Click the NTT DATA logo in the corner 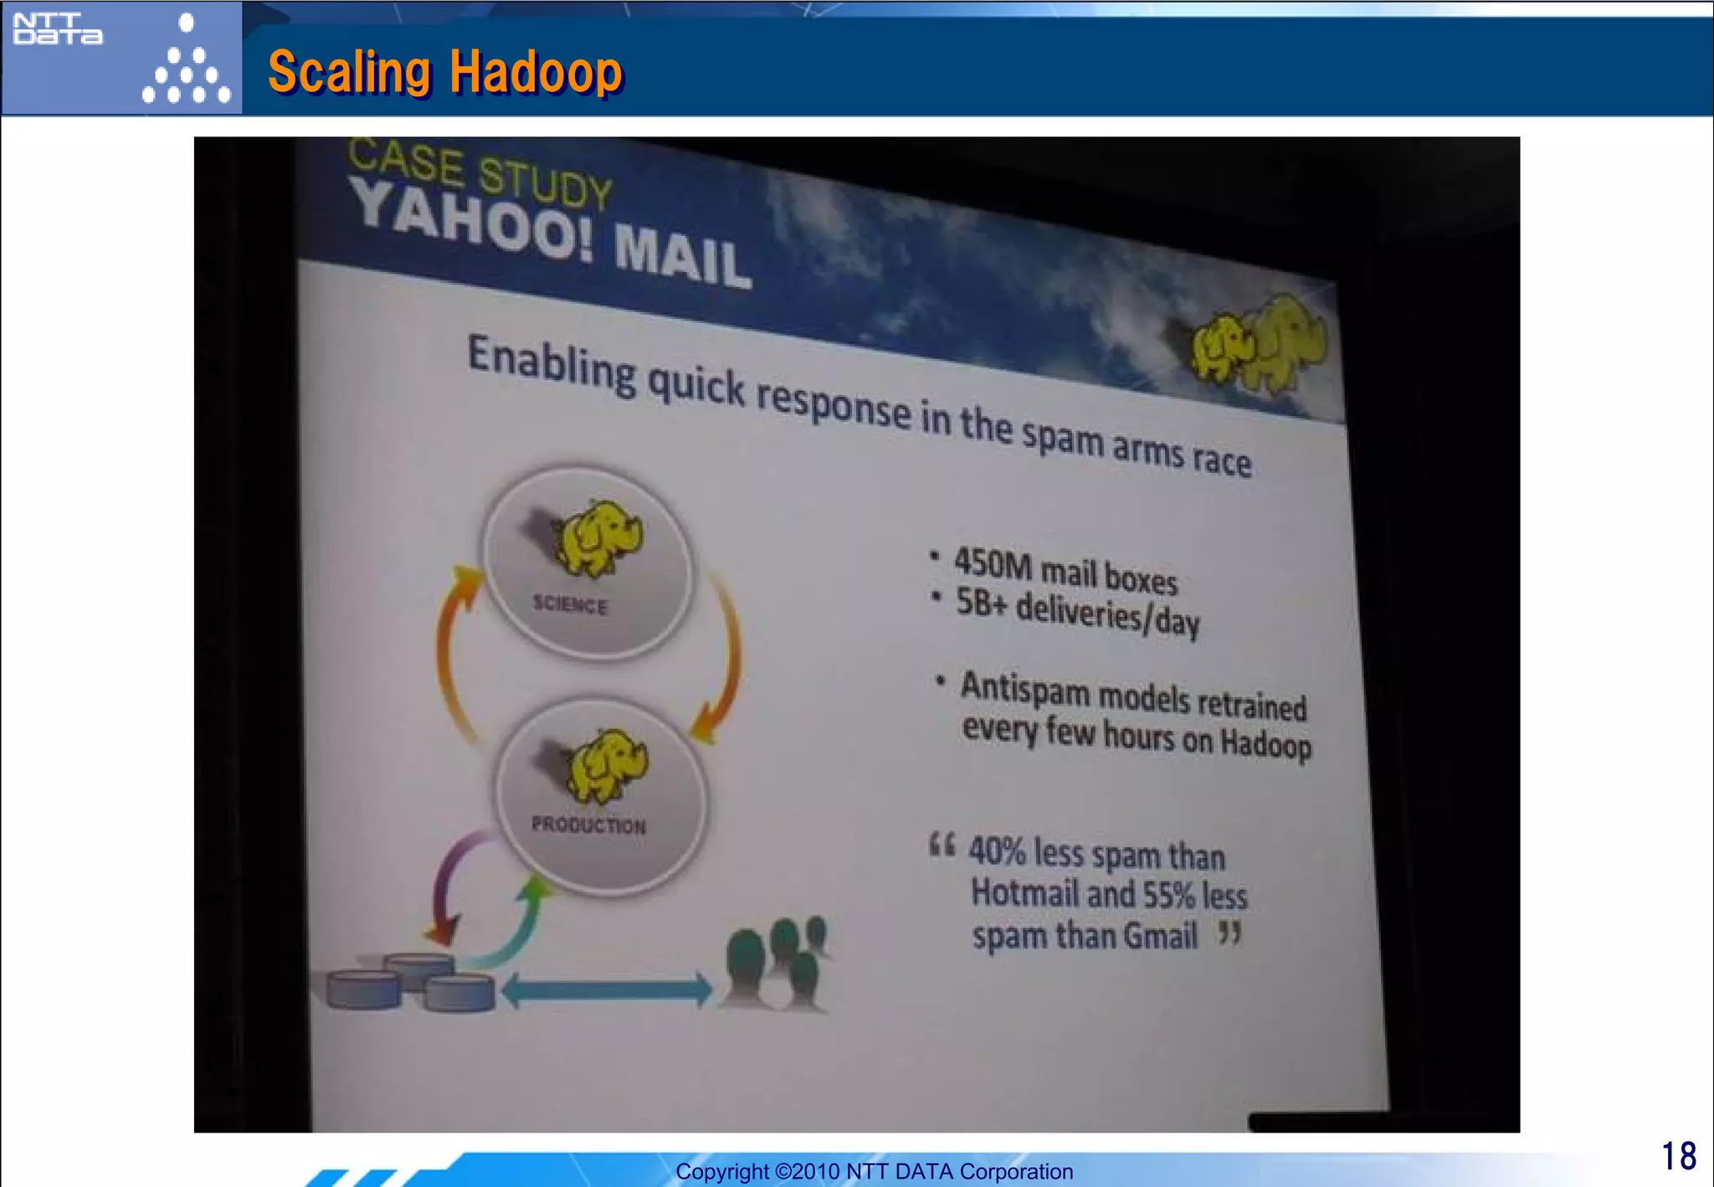click(58, 29)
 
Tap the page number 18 click(1678, 1156)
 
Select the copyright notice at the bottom click(874, 1171)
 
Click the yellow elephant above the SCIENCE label click(598, 538)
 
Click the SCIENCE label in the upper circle click(570, 604)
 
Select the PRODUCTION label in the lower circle click(589, 825)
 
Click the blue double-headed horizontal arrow click(607, 990)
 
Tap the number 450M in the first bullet click(993, 563)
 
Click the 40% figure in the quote click(996, 850)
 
